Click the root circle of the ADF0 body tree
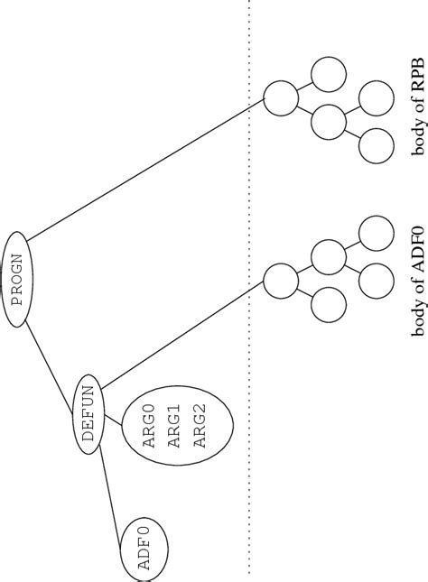point(281,282)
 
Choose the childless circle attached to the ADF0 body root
point(326,305)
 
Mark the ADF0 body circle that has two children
point(326,257)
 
